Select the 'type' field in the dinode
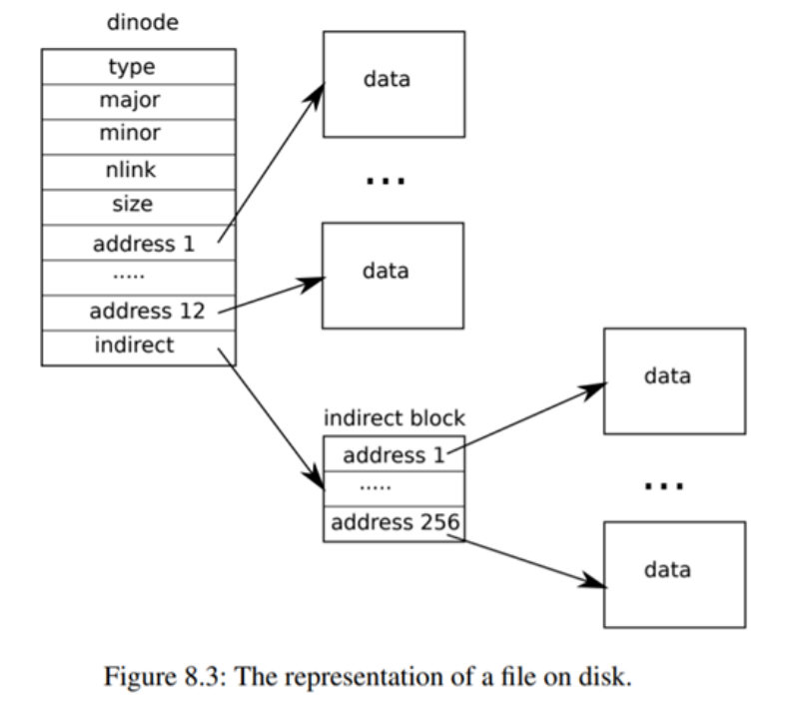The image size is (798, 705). [x=139, y=67]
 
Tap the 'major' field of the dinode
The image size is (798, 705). [x=139, y=100]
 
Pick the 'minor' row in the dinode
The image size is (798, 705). [x=139, y=133]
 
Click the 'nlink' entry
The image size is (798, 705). [x=139, y=169]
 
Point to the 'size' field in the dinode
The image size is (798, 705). [x=139, y=206]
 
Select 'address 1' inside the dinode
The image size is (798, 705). [x=139, y=243]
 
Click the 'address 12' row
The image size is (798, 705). [x=139, y=311]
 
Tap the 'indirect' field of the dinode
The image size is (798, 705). [x=139, y=346]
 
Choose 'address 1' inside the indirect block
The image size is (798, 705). [x=394, y=454]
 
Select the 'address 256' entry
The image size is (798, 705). [x=394, y=522]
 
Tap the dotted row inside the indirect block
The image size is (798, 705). [x=394, y=488]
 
